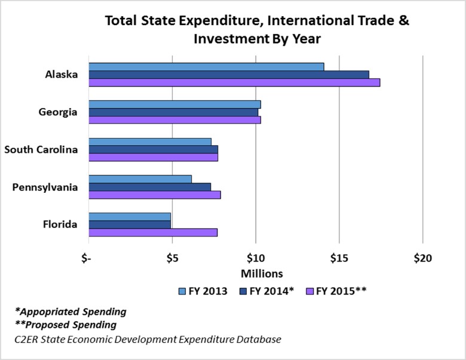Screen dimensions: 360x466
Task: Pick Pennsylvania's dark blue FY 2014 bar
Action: pyautogui.click(x=149, y=187)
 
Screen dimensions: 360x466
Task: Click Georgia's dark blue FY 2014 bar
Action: pyautogui.click(x=173, y=112)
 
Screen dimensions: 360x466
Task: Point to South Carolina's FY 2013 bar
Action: pyautogui.click(x=150, y=141)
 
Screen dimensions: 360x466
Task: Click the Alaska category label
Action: pyautogui.click(x=61, y=75)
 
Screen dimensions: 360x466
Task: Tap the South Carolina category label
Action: pyautogui.click(x=41, y=149)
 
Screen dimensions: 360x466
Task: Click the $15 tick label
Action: pyautogui.click(x=339, y=258)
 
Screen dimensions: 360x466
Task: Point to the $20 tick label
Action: pyautogui.click(x=422, y=258)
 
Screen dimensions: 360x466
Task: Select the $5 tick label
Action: pyautogui.click(x=172, y=258)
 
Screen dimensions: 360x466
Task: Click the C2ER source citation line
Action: pyautogui.click(x=148, y=340)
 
